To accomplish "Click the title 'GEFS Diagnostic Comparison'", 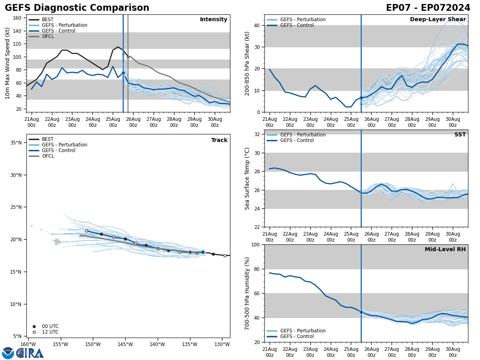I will point(77,8).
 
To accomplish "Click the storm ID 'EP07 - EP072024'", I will point(428,8).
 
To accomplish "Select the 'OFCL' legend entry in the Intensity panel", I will point(48,36).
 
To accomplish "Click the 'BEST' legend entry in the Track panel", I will point(48,139).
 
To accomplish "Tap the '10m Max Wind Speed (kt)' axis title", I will point(8,63).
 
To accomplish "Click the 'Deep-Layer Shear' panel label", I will point(438,20).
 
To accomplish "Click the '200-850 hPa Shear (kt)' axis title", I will point(247,63).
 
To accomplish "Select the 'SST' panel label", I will point(460,135).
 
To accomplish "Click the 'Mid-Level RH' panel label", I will point(445,250).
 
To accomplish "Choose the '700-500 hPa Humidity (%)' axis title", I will point(247,293).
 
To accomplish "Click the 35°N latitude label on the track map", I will point(16,142).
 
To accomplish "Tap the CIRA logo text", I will point(30,353).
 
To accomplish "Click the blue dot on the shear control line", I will point(361,98).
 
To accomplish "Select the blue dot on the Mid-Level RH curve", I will point(361,312).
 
